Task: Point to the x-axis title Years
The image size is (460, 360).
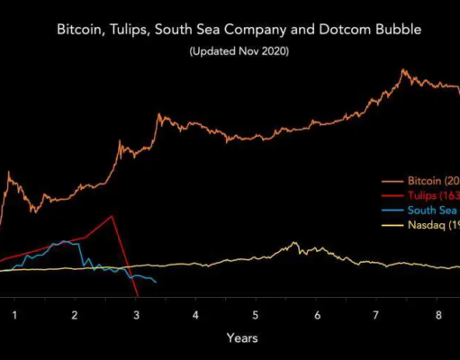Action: (x=241, y=337)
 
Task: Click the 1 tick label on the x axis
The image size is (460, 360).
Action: (x=14, y=315)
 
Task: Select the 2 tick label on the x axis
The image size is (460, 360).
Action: (x=75, y=315)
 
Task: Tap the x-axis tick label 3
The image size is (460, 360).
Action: (x=135, y=315)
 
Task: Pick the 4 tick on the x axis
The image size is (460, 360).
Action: (x=195, y=315)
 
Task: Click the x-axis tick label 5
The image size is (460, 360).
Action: (x=257, y=315)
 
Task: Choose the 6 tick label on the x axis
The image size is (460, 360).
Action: (x=317, y=315)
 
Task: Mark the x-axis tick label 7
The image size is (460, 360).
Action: (x=377, y=315)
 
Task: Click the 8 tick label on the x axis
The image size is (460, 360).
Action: (x=437, y=315)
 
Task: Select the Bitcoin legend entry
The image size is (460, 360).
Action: (x=428, y=179)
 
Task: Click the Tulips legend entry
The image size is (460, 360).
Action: (x=428, y=194)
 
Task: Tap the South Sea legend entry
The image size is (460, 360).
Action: (x=428, y=210)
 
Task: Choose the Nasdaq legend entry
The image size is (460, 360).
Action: (x=428, y=225)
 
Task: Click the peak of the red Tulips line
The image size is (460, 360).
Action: (x=111, y=215)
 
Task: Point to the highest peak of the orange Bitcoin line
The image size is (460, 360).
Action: (x=404, y=69)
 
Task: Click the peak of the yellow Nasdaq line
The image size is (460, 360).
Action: (x=293, y=242)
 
